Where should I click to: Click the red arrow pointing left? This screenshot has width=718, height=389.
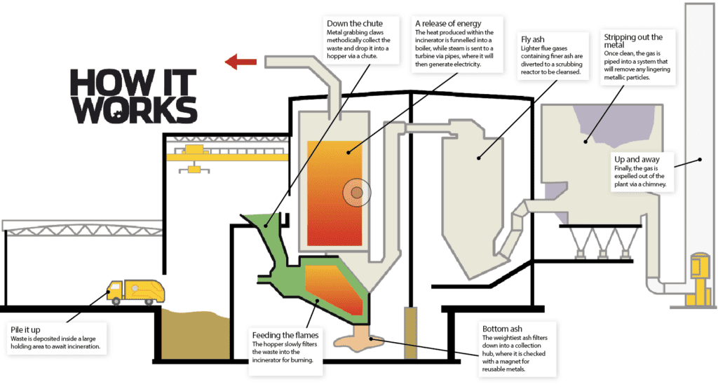(x=241, y=62)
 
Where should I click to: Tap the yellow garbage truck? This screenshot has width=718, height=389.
(x=135, y=292)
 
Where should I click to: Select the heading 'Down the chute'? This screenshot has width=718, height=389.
(x=354, y=23)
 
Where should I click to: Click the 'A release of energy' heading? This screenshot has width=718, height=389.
(x=448, y=23)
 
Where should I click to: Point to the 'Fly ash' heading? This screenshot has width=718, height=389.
(x=533, y=39)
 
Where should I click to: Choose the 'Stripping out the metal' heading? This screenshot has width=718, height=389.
(x=633, y=41)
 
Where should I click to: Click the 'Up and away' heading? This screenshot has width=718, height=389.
(x=637, y=159)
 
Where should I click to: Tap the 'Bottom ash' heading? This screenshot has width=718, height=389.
(x=502, y=329)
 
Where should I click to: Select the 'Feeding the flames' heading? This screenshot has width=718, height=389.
(x=285, y=335)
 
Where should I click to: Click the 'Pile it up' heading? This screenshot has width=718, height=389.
(x=25, y=329)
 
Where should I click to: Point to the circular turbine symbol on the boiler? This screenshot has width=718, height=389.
(x=357, y=192)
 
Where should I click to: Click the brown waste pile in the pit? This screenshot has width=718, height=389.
(x=195, y=334)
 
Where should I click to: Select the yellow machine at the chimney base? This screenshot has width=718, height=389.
(x=699, y=279)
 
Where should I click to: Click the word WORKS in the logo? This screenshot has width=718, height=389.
(x=134, y=110)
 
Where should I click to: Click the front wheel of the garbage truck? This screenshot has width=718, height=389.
(x=116, y=301)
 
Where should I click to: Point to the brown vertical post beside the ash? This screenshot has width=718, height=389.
(x=410, y=333)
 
